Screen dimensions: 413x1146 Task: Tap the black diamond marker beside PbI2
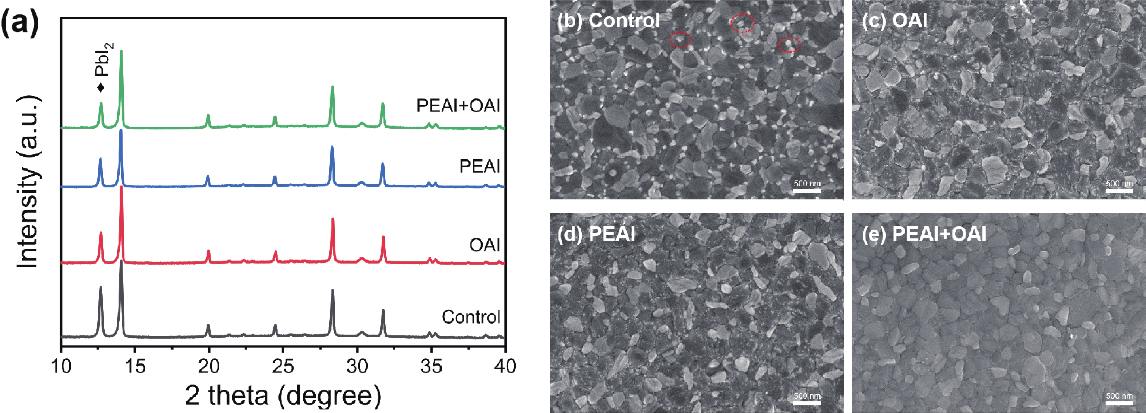101,87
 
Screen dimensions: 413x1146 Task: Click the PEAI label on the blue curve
480,167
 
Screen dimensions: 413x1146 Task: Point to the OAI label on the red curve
485,245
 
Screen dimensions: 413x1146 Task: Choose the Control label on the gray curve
471,317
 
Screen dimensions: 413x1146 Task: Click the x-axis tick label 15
135,366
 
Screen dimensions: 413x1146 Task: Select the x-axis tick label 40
504,366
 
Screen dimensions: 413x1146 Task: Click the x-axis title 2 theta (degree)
283,395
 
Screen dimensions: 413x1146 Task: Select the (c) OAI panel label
894,20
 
